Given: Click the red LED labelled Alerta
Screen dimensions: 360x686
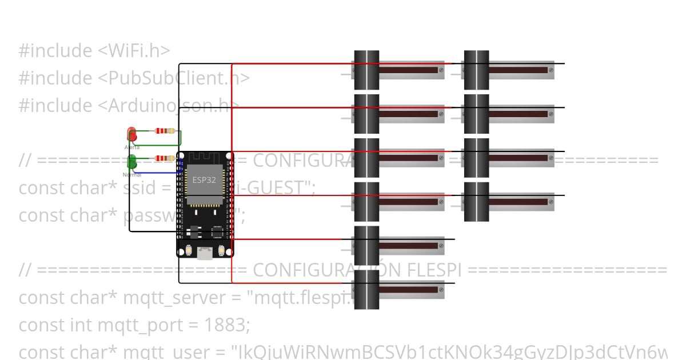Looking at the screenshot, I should pyautogui.click(x=131, y=135).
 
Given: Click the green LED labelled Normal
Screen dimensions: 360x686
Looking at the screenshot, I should pyautogui.click(x=131, y=162).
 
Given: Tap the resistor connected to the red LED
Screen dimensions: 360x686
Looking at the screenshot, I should pyautogui.click(x=165, y=131).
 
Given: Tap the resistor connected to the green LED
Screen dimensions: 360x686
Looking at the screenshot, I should pyautogui.click(x=165, y=158).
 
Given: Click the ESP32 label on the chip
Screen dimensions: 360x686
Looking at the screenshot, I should pyautogui.click(x=204, y=179).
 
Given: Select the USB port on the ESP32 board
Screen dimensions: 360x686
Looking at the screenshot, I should pyautogui.click(x=205, y=253).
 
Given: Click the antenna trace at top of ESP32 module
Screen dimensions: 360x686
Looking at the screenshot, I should pyautogui.click(x=204, y=158).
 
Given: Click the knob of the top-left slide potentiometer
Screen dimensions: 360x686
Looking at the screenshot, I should pyautogui.click(x=366, y=70).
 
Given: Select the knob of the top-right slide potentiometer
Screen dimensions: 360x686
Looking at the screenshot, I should pyautogui.click(x=476, y=70).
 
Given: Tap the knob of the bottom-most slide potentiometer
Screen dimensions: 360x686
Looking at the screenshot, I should pyautogui.click(x=366, y=289).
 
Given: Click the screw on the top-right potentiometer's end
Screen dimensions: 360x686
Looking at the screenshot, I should pyautogui.click(x=551, y=70).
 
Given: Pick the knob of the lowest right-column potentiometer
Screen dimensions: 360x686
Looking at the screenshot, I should pyautogui.click(x=476, y=202).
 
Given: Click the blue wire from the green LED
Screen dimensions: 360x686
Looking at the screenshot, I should pyautogui.click(x=154, y=173).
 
